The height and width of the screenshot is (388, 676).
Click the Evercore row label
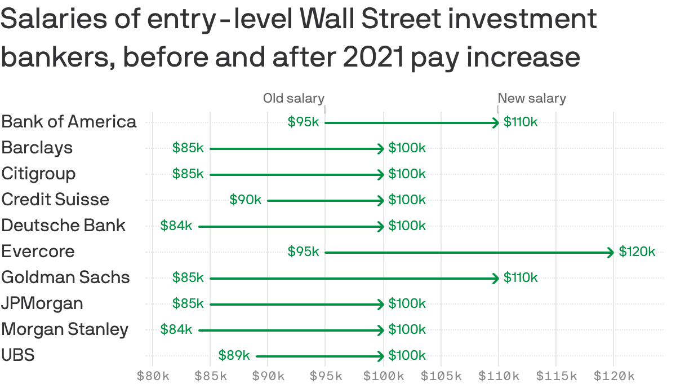(x=38, y=252)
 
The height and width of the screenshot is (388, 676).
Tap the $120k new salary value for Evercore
(x=637, y=252)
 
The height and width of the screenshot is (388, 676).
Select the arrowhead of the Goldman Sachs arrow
(x=496, y=278)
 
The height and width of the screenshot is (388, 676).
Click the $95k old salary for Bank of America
(x=303, y=122)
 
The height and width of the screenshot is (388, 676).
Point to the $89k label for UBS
(x=234, y=355)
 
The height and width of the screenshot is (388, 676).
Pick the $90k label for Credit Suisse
(x=246, y=200)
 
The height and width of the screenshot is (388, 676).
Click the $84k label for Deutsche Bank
(x=176, y=226)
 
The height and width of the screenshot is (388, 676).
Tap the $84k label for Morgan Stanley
(x=176, y=329)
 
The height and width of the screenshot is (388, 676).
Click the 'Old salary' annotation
(x=293, y=99)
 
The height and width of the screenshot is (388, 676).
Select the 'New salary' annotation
(x=532, y=99)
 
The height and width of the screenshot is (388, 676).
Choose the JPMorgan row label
(x=42, y=303)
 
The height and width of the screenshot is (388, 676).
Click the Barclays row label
(x=37, y=148)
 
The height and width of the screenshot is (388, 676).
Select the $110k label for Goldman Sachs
(x=521, y=277)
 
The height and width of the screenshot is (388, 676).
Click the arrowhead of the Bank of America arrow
(x=496, y=122)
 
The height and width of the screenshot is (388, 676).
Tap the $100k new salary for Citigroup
(x=407, y=174)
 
